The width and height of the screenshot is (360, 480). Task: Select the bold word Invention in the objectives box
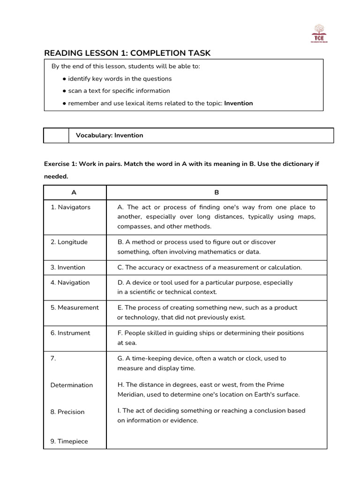click(239, 103)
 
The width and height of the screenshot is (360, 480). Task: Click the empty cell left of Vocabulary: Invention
click(56, 135)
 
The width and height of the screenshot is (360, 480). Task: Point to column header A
click(74, 192)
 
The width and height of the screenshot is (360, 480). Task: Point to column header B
click(216, 192)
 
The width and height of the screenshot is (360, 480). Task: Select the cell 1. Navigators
click(71, 207)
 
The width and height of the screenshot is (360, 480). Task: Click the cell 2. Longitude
click(69, 242)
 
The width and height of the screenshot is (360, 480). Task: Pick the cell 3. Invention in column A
click(68, 267)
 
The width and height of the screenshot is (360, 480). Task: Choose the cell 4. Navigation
click(70, 283)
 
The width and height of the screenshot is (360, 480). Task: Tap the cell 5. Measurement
click(75, 307)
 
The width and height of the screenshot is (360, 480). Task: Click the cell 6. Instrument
click(70, 333)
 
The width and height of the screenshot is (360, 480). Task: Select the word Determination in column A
click(72, 385)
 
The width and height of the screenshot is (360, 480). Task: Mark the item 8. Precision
click(67, 412)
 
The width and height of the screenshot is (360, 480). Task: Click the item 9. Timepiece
click(69, 441)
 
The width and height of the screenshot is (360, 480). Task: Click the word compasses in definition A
click(134, 226)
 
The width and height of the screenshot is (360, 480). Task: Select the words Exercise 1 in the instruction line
click(60, 165)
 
